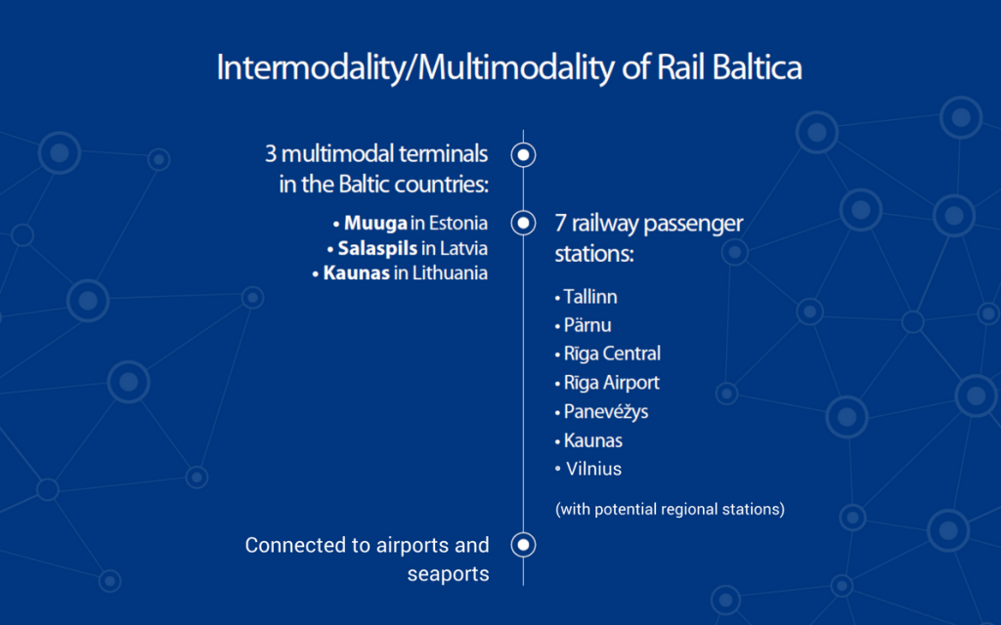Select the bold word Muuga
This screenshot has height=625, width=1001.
[x=375, y=224]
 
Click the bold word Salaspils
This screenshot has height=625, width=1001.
[x=377, y=248]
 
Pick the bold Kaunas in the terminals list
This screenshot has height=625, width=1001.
[x=356, y=273]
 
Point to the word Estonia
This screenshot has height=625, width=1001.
[x=457, y=224]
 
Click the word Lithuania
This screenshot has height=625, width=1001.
[x=450, y=273]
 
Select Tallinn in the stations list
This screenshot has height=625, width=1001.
[x=589, y=297]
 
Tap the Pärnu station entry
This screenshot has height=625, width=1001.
[x=588, y=325]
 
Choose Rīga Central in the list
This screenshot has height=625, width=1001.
[x=612, y=354]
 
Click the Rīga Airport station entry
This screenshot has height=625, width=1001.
[x=611, y=383]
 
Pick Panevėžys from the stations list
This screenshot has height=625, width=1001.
[x=605, y=411]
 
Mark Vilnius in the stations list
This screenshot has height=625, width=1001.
[x=593, y=469]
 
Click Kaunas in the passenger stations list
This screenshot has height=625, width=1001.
[x=592, y=440]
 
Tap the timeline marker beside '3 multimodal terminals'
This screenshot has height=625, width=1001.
[x=524, y=154]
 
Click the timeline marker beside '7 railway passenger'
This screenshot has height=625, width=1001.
[x=524, y=223]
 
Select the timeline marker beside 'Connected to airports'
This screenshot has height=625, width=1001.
[x=524, y=545]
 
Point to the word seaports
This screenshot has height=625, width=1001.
[x=448, y=574]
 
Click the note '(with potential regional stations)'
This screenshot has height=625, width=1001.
[x=670, y=509]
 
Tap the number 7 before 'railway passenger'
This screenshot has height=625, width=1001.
[x=560, y=224]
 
